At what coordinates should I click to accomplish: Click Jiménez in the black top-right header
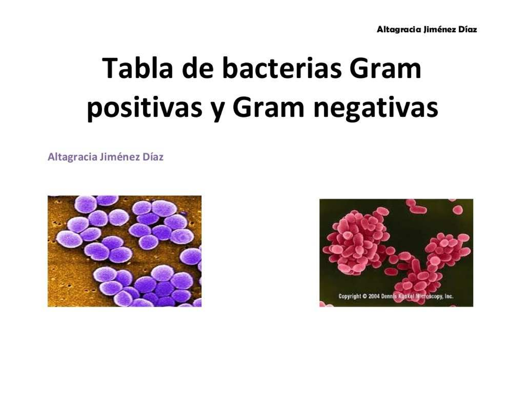(438, 30)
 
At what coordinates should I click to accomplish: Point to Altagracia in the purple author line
(72, 157)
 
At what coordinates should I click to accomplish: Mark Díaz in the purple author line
(153, 157)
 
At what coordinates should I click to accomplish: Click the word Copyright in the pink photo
(350, 297)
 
